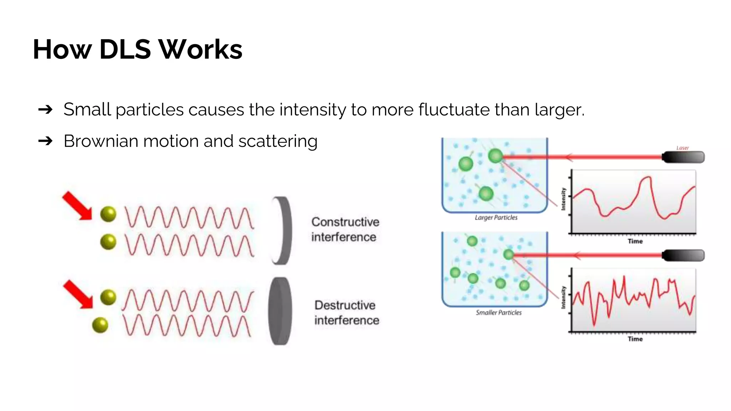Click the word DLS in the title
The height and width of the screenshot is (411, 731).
(x=125, y=49)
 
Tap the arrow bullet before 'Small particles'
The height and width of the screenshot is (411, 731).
(x=45, y=110)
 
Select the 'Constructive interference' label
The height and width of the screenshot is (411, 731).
(x=345, y=229)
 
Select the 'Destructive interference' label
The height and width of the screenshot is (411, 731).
(x=346, y=313)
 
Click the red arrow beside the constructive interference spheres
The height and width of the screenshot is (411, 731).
(x=77, y=206)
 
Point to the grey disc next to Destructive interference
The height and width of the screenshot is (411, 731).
(x=280, y=311)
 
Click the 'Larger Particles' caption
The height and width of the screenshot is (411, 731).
(x=496, y=218)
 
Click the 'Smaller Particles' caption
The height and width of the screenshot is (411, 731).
(x=498, y=313)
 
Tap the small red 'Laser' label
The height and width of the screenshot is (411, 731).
(x=682, y=148)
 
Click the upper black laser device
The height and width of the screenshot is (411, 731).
(x=683, y=157)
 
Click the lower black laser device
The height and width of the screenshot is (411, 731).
(x=683, y=255)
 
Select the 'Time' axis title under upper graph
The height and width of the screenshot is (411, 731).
(x=635, y=242)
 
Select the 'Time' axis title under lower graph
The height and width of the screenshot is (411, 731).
(x=635, y=339)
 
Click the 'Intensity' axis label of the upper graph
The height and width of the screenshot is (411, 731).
(x=563, y=199)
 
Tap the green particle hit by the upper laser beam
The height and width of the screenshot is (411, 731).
(x=495, y=156)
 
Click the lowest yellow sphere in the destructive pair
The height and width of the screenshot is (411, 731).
(x=100, y=325)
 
